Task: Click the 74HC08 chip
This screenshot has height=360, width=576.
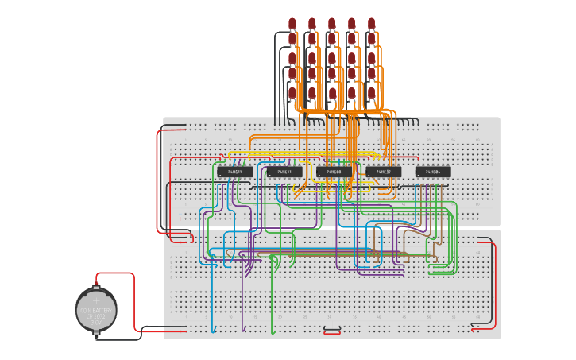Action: coord(334,172)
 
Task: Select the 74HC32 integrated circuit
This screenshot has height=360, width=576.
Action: coord(383,172)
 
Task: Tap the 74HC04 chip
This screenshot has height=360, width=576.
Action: coord(433,172)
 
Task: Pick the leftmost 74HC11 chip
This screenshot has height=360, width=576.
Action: coord(235,172)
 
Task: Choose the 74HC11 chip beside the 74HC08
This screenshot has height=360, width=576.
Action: coord(284,172)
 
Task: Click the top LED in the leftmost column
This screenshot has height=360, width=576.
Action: coord(292,22)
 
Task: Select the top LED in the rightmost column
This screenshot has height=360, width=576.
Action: coord(371,22)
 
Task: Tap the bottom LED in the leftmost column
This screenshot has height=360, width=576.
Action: coord(292,92)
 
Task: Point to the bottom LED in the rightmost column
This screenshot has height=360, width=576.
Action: coord(371,92)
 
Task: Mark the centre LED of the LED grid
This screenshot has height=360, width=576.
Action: coord(332,57)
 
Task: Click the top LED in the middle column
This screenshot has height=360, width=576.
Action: coord(332,22)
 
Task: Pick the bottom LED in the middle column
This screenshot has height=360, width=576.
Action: coord(332,92)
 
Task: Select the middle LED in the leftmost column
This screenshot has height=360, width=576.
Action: coord(292,57)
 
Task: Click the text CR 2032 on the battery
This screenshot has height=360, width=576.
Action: coord(97,315)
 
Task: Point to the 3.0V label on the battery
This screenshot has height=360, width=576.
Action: coord(97,322)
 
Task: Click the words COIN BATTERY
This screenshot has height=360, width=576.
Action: coord(97,310)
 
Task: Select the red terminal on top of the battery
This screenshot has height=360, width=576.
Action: coord(97,283)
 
